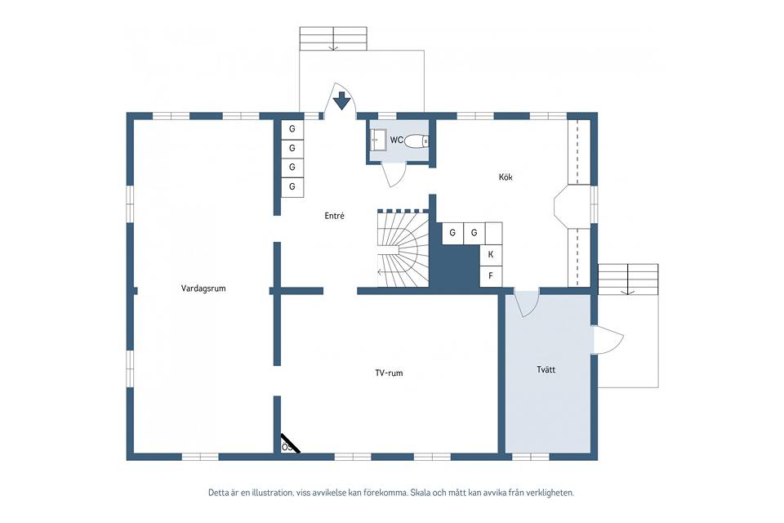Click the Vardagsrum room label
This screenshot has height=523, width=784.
(203, 288)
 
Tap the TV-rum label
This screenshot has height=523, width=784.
(389, 373)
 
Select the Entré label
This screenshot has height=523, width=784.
(335, 216)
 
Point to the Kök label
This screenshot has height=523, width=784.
(506, 177)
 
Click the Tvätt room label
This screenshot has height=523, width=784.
(546, 370)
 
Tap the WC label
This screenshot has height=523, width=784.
(397, 140)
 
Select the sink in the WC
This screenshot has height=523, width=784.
(378, 140)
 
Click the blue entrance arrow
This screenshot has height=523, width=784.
(342, 101)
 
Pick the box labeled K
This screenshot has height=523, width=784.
(491, 254)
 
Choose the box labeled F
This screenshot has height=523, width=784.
(491, 275)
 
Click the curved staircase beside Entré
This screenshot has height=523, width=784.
(403, 248)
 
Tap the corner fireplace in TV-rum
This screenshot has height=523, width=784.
(289, 444)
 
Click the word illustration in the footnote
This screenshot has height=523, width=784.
(275, 493)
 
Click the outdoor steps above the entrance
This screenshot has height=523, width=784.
(333, 38)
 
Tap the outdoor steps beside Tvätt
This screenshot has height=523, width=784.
(628, 279)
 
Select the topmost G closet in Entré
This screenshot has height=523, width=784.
(292, 129)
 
